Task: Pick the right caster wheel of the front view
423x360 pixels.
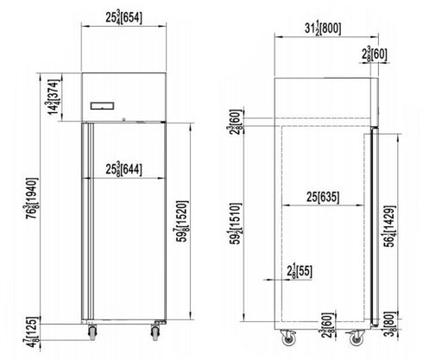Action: [156, 332]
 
